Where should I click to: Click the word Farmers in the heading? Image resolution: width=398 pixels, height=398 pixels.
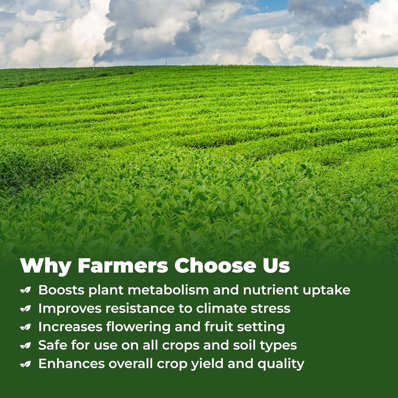coord(123,266)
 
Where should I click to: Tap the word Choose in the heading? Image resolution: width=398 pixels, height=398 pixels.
coord(215,266)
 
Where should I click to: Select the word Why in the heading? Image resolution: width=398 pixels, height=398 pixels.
coord(46,267)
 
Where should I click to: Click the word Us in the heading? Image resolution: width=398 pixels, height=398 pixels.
coord(276,266)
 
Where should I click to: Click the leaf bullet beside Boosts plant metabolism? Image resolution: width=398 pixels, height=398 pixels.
coord(26,290)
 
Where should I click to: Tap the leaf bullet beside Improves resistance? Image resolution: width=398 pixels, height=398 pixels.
coord(26,308)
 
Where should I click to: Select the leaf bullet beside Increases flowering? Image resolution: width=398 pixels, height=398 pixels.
coord(26,327)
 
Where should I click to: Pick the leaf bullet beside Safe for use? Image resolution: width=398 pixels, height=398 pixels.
coord(26,345)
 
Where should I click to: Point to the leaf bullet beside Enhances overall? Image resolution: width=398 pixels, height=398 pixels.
coord(26,364)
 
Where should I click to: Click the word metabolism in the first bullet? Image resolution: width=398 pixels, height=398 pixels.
coord(168,290)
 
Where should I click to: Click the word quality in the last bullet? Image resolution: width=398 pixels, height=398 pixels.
coord(281,365)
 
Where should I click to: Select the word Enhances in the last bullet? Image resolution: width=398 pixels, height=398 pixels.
coord(72,364)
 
